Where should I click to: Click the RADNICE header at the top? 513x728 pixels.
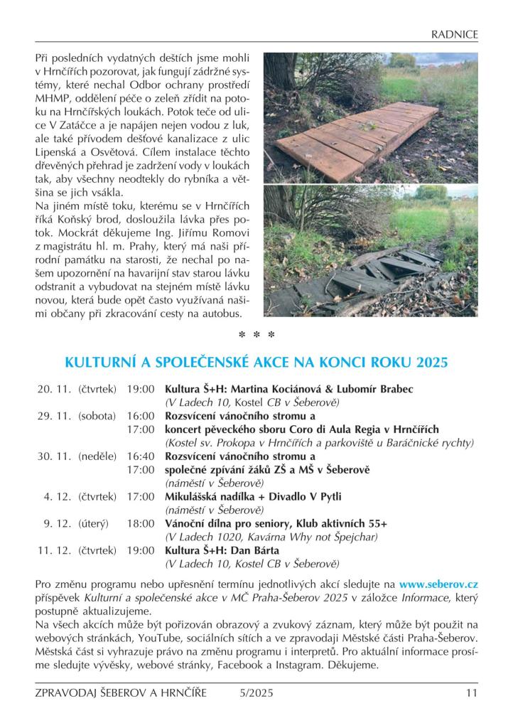[454, 34]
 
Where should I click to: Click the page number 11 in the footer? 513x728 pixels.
[471, 694]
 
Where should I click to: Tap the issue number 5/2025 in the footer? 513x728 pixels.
[256, 694]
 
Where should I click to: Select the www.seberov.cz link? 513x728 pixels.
[438, 584]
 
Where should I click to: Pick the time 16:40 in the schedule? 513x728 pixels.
[141, 456]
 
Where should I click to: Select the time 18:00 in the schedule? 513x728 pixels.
[141, 523]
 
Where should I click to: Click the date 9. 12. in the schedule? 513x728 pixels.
[55, 523]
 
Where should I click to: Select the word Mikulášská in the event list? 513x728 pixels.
[195, 497]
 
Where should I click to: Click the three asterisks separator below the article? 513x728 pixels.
[256, 334]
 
